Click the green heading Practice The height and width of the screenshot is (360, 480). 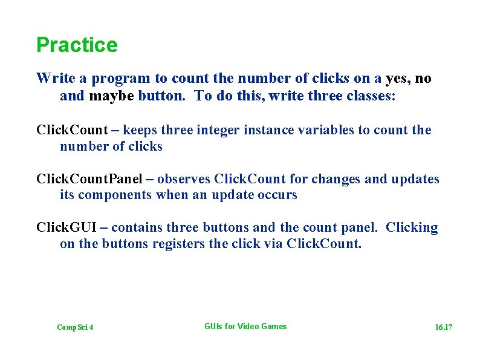(77, 45)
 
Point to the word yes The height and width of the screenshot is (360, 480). (397, 78)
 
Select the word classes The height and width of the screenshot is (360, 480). (371, 96)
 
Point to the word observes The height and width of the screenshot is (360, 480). (184, 179)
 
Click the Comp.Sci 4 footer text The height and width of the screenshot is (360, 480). (75, 327)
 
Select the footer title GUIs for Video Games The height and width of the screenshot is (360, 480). (245, 326)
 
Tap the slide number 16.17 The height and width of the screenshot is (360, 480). (444, 327)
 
